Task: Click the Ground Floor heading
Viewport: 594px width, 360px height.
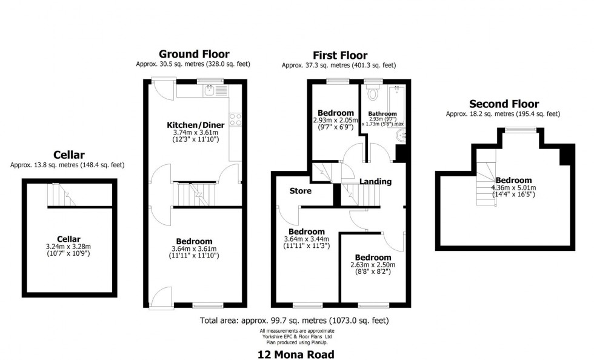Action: pyautogui.click(x=194, y=54)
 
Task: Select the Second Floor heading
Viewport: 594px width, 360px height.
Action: pyautogui.click(x=504, y=104)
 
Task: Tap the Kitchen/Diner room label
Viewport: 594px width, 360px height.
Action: pyautogui.click(x=192, y=125)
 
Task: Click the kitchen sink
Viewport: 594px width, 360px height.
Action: pyautogui.click(x=209, y=90)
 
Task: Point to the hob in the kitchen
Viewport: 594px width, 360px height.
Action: pyautogui.click(x=235, y=119)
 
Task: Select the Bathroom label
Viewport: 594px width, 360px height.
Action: pyautogui.click(x=382, y=113)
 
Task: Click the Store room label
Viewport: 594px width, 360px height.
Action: pyautogui.click(x=300, y=191)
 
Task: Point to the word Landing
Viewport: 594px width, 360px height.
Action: pyautogui.click(x=375, y=181)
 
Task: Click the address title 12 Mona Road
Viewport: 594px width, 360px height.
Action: pyautogui.click(x=296, y=354)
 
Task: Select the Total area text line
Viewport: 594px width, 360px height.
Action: pyautogui.click(x=294, y=321)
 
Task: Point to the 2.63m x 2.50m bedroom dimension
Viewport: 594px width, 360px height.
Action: pyautogui.click(x=373, y=264)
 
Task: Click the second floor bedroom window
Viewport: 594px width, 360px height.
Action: pyautogui.click(x=521, y=128)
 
